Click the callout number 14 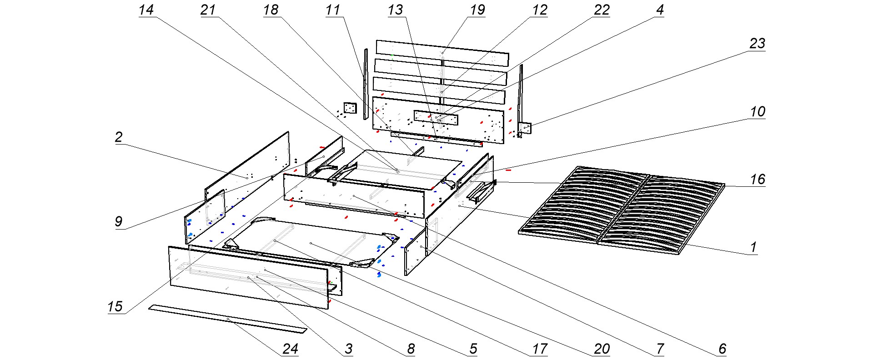coord(146,10)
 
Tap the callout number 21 coord(208,10)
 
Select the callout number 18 coord(271,10)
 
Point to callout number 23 coord(757,44)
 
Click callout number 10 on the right coord(758,112)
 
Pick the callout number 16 coord(758,180)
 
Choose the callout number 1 coord(753,247)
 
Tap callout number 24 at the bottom coord(290,349)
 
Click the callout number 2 coord(119,137)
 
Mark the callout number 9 coord(119,221)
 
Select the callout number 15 coord(115,306)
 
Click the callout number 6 coord(722,349)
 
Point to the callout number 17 coord(540,349)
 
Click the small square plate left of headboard coord(350,108)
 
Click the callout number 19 coord(477,10)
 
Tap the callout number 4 coord(660,10)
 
